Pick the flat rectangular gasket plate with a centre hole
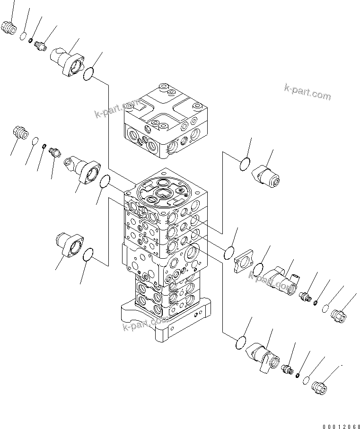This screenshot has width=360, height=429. (x=244, y=262)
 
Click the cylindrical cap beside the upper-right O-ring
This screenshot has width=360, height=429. (x=266, y=175)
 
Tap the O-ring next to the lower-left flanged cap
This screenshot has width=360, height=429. (x=88, y=256)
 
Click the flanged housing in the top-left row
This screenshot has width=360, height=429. (x=68, y=61)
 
